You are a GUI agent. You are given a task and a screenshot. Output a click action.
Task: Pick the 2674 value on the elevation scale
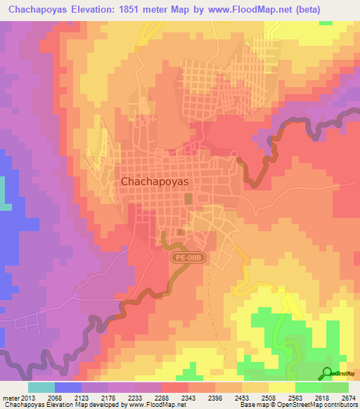point(348,398)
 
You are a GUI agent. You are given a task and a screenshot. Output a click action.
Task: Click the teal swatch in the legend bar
point(41,387)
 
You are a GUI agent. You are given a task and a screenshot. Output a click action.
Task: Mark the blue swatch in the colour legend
point(67,387)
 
